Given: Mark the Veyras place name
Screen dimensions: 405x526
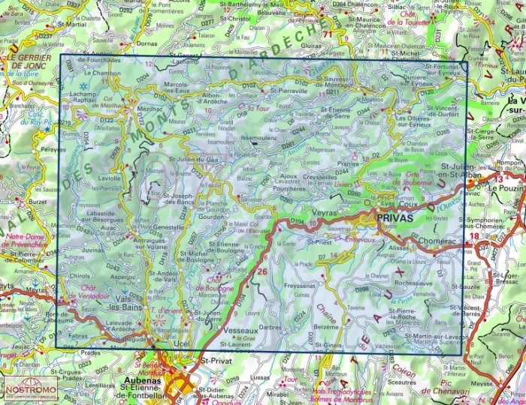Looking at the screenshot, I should click(x=322, y=213).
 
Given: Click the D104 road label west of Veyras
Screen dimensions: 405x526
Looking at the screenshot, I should click(x=297, y=223).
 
